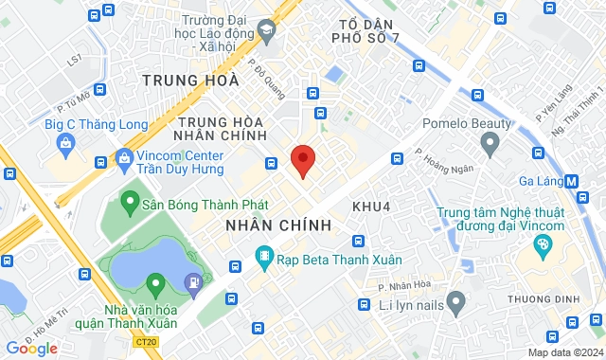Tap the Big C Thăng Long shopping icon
point(64,143)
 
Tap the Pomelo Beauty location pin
point(490,145)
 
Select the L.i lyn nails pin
point(456,303)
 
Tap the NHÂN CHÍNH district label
point(278,225)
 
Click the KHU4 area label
point(372,206)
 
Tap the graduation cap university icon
point(268,33)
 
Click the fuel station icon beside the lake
point(193,280)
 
